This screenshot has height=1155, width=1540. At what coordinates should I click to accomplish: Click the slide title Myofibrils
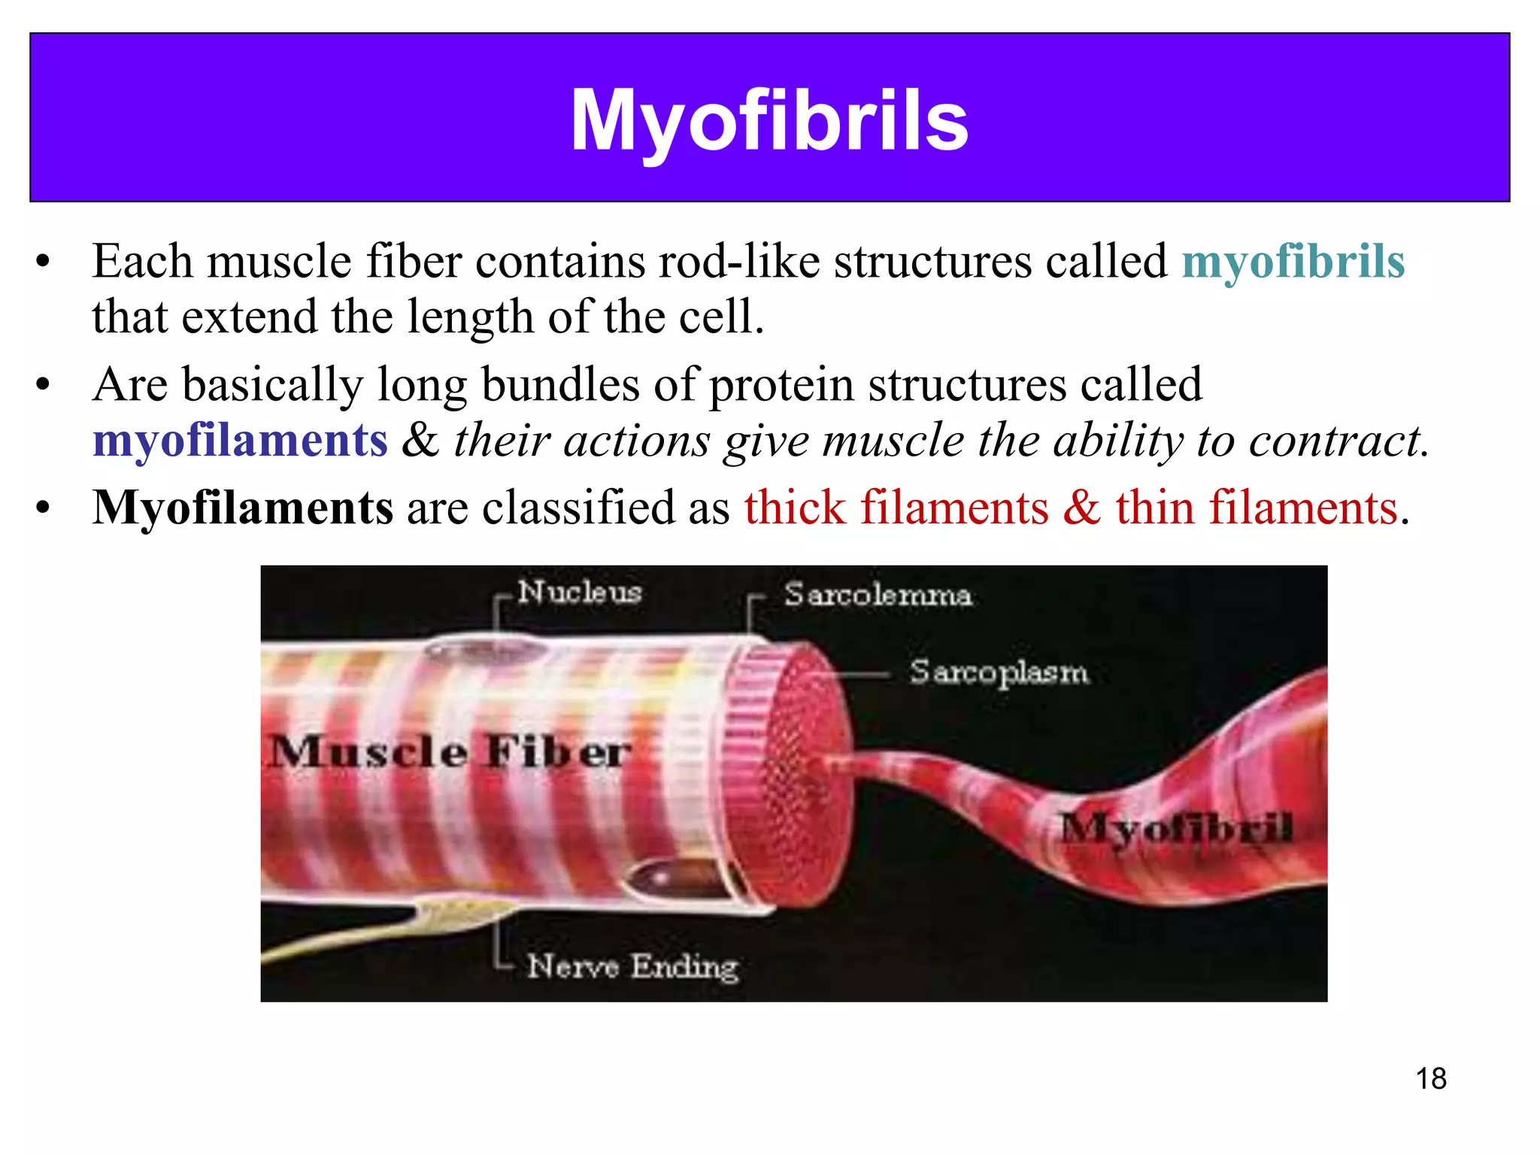pos(769,120)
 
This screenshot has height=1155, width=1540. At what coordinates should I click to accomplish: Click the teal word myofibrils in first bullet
pos(1293,262)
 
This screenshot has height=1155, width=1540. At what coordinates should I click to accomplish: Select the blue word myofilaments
pos(240,440)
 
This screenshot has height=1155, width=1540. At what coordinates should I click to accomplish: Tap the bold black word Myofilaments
pos(242,508)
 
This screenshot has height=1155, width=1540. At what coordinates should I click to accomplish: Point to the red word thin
pos(1154,508)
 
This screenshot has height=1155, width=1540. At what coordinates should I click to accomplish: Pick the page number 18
pos(1430,1078)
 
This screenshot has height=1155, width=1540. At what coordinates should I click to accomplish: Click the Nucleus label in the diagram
pos(580,592)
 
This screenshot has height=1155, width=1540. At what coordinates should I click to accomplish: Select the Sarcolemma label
pos(878,595)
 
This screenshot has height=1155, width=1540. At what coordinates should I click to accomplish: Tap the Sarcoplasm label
pos(998,671)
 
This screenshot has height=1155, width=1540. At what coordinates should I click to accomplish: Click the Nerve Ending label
pos(632,966)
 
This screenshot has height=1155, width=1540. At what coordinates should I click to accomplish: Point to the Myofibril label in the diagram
pos(1177,828)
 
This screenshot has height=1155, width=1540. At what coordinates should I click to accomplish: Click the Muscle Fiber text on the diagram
pos(450,751)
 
